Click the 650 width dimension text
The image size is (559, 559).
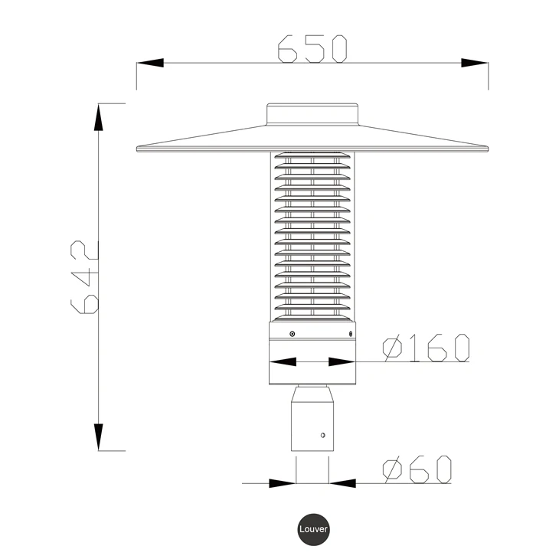click(x=312, y=49)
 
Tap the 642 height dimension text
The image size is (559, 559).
click(x=84, y=277)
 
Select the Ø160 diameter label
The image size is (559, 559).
click(x=426, y=348)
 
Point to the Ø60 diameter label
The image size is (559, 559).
click(x=417, y=469)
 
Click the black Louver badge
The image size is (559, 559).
click(x=313, y=529)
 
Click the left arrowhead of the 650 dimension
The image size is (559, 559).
click(x=150, y=63)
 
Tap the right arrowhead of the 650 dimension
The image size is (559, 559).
click(x=475, y=63)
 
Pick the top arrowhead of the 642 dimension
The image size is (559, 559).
click(x=98, y=117)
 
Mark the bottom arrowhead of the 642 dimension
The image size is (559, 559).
click(x=98, y=437)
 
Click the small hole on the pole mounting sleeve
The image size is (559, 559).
click(x=323, y=435)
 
